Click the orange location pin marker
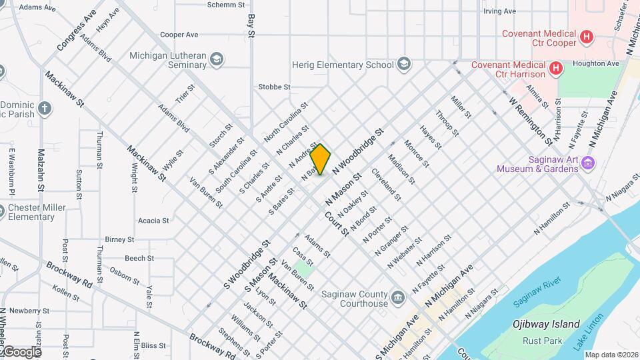pyautogui.click(x=321, y=159)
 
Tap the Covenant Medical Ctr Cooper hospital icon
pyautogui.click(x=587, y=37)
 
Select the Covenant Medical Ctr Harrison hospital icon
pyautogui.click(x=555, y=68)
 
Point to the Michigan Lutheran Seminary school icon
pyautogui.click(x=216, y=60)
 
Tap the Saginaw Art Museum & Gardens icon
pyautogui.click(x=587, y=163)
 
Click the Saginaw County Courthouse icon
pyautogui.click(x=398, y=297)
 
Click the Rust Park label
pyautogui.click(x=538, y=341)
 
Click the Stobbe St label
pyautogui.click(x=274, y=87)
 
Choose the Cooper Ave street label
pyautogui.click(x=179, y=35)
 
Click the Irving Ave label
pyautogui.click(x=499, y=11)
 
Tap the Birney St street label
pyautogui.click(x=120, y=239)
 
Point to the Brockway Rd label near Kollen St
pyautogui.click(x=69, y=273)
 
